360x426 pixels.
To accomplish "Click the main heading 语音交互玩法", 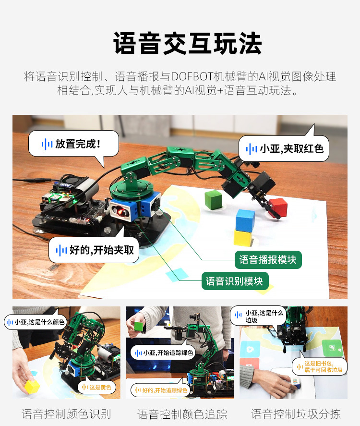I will click(x=188, y=44).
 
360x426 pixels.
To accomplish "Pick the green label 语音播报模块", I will click(x=268, y=260).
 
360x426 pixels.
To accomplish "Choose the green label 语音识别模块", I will click(x=234, y=281).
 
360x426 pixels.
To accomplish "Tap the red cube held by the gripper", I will click(x=278, y=207).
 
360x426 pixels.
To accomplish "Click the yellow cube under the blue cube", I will click(x=245, y=237).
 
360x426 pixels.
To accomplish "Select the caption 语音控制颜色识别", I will click(x=66, y=413).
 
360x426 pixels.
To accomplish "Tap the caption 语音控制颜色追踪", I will click(x=182, y=414).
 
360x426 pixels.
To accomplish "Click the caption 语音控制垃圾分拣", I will click(x=296, y=413).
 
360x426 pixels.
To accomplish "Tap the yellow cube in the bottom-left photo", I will click(x=32, y=386).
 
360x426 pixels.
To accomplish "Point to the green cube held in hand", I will click(x=139, y=327).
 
